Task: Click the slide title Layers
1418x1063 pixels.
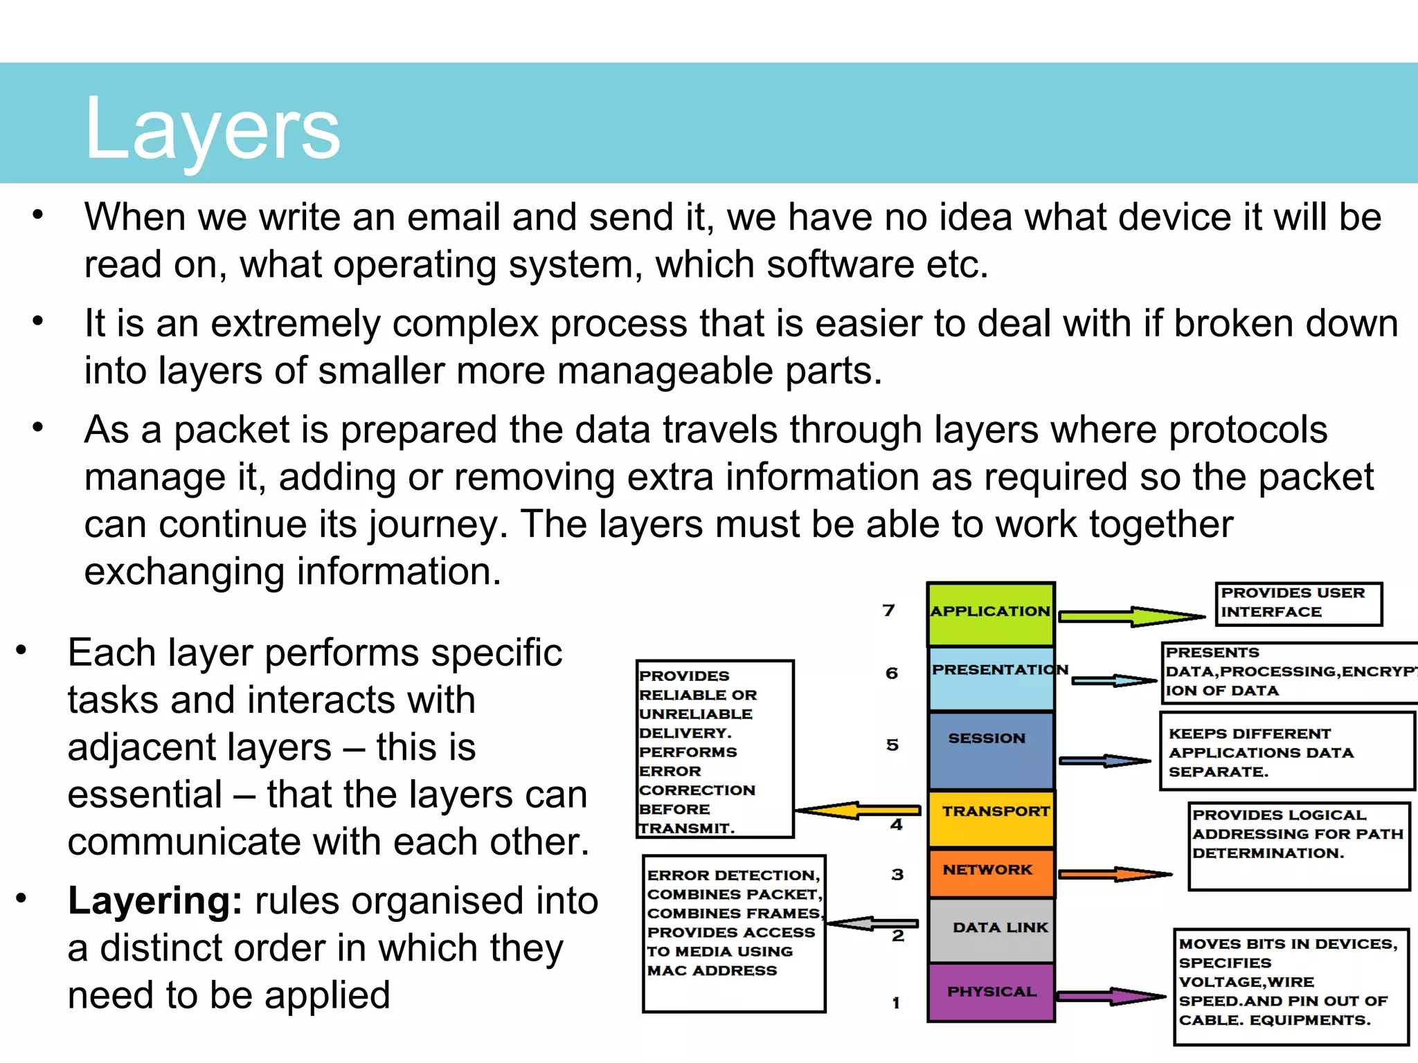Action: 212,129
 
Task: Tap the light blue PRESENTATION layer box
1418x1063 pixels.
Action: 991,679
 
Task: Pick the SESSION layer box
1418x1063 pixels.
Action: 991,750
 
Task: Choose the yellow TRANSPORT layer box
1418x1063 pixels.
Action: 991,819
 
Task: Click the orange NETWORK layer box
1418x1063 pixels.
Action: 991,873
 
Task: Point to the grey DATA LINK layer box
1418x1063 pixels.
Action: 991,930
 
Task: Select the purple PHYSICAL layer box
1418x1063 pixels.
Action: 991,992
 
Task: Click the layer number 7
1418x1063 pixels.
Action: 889,610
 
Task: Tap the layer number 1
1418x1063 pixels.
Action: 896,1003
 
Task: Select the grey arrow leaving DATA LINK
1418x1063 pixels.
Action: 872,923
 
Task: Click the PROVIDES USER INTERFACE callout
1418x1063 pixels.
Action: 1298,603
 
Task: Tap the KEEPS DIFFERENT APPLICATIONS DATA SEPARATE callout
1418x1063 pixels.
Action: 1286,752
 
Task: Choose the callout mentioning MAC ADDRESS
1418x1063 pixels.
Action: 734,933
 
